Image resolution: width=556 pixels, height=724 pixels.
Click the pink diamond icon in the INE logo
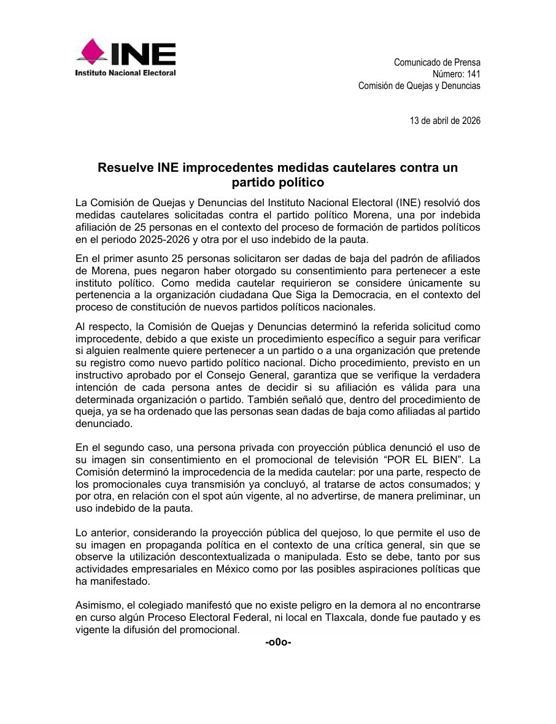[x=91, y=52]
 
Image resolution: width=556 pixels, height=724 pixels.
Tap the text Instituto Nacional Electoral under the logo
[x=125, y=73]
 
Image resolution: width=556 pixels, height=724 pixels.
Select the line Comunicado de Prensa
[x=437, y=63]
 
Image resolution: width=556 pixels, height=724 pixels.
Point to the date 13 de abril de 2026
[x=445, y=120]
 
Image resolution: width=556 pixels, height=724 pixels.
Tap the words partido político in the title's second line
[x=278, y=182]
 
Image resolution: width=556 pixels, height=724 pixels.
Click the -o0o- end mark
[x=278, y=642]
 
